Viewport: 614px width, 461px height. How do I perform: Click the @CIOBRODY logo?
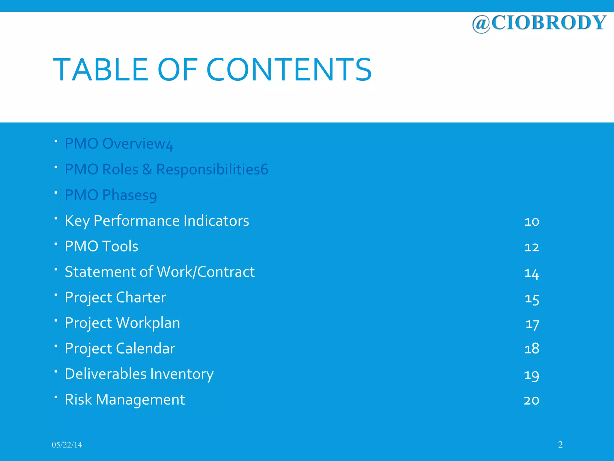click(x=539, y=23)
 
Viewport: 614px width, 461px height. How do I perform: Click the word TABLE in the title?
click(x=100, y=70)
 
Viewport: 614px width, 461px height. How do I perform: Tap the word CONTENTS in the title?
click(x=289, y=70)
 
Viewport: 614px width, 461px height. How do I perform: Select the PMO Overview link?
click(x=119, y=144)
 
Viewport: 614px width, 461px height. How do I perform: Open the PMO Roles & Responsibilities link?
click(x=166, y=169)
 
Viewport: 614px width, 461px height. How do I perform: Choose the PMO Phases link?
click(x=111, y=195)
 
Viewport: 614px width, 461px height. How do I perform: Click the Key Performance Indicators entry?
click(x=157, y=221)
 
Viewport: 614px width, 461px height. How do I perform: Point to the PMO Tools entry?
click(x=101, y=246)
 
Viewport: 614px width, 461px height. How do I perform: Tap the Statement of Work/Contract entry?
click(x=159, y=272)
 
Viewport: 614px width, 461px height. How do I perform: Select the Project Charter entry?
click(x=115, y=297)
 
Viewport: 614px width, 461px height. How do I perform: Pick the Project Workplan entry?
click(x=122, y=323)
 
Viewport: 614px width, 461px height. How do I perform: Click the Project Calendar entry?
click(x=120, y=348)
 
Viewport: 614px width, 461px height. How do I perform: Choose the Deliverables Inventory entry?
click(x=139, y=374)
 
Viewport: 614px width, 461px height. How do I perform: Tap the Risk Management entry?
click(x=125, y=399)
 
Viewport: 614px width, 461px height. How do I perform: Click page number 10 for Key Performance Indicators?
click(x=532, y=221)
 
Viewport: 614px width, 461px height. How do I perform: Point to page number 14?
click(x=532, y=273)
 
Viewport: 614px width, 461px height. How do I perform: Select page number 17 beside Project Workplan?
click(x=532, y=324)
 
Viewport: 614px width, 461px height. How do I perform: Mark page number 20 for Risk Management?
click(x=532, y=400)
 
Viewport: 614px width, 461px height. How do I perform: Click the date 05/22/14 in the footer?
click(x=67, y=445)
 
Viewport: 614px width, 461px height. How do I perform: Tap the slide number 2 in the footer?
click(x=560, y=445)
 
